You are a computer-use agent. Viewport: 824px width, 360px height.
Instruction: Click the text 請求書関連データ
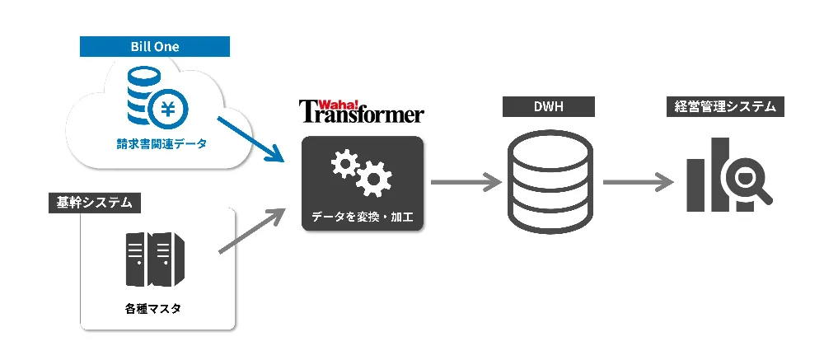coord(161,143)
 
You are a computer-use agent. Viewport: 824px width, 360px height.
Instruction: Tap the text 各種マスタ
coord(153,309)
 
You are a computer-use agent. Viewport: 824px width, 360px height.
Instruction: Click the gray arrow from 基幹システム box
coord(250,231)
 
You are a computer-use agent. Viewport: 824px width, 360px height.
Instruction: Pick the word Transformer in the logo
coord(362,114)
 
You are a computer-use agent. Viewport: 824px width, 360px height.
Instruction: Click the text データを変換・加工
coord(363,217)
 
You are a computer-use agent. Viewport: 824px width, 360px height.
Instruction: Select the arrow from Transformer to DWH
coord(466,182)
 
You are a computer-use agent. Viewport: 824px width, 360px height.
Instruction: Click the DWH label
coord(550,107)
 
